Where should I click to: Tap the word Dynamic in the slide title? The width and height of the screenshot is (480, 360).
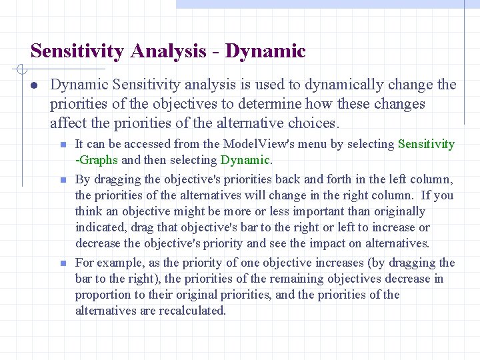(265, 51)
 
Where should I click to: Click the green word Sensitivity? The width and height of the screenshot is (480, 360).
(426, 144)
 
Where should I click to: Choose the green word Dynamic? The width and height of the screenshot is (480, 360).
(245, 160)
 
